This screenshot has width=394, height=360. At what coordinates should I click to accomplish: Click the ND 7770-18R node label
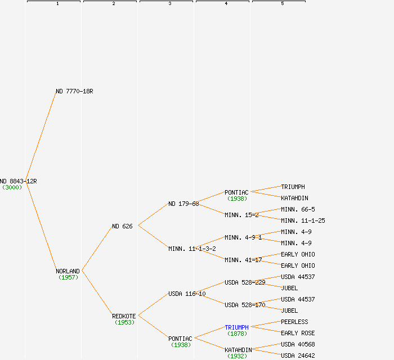point(74,91)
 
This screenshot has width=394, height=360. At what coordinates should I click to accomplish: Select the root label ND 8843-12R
point(18,181)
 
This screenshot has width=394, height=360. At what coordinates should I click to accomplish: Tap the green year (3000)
point(12,187)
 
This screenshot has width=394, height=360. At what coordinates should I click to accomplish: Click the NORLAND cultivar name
point(68,271)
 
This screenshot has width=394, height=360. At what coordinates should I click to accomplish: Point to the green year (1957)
point(68,277)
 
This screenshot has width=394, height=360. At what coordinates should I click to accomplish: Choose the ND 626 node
point(122,226)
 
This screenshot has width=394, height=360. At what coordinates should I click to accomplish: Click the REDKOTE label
point(124,316)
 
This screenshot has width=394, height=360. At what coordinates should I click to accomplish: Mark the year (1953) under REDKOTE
point(124,322)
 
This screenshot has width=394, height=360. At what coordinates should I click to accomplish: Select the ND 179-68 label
point(183,204)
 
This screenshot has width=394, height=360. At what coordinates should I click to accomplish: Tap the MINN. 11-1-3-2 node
point(192,249)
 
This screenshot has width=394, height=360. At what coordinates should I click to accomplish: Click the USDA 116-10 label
point(187,294)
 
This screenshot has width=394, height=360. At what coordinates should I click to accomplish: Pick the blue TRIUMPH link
point(236,327)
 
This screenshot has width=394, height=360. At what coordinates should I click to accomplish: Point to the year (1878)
point(237,334)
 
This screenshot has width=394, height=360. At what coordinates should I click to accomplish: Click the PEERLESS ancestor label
point(294,322)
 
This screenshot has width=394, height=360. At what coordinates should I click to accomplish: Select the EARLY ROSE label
point(298,333)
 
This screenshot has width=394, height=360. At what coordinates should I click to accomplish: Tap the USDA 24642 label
point(298,355)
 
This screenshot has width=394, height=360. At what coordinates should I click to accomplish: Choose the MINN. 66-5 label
point(298,209)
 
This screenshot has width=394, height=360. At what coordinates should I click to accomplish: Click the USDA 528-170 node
point(245,305)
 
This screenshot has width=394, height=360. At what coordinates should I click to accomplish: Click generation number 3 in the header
point(169,4)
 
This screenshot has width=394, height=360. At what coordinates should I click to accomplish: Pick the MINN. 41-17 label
point(243,260)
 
